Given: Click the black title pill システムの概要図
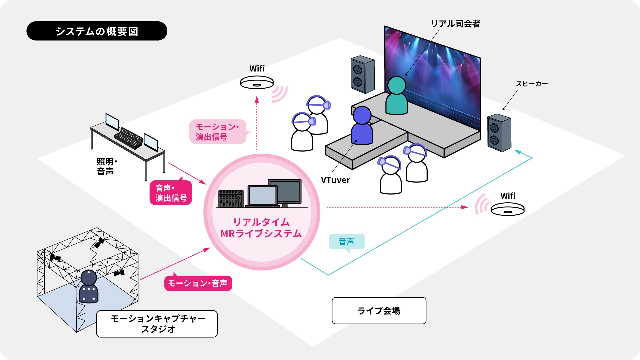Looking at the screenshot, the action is point(97,31).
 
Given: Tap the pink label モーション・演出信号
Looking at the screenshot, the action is point(217,132).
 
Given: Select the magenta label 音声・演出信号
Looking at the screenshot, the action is point(171,193).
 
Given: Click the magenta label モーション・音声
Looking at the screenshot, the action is point(198,283).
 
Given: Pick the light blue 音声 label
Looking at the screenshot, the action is point(346,241).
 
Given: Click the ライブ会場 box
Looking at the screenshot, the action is point(379,311).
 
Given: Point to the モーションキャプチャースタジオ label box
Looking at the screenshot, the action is point(157,324).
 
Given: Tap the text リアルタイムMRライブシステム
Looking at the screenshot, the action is point(261,228).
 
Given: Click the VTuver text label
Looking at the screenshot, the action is point(335,180).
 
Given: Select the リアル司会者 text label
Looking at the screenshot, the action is point(455,24).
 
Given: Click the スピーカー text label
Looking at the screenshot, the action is point(532,84).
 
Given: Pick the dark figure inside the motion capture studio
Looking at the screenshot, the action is point(89,287).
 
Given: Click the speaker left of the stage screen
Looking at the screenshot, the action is point(362,74).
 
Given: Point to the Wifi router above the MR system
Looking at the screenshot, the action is point(257,82).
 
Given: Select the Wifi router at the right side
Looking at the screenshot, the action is point(508,209).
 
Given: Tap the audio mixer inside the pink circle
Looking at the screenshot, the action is point(231,199).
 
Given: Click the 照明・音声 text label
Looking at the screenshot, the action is point(106,166).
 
